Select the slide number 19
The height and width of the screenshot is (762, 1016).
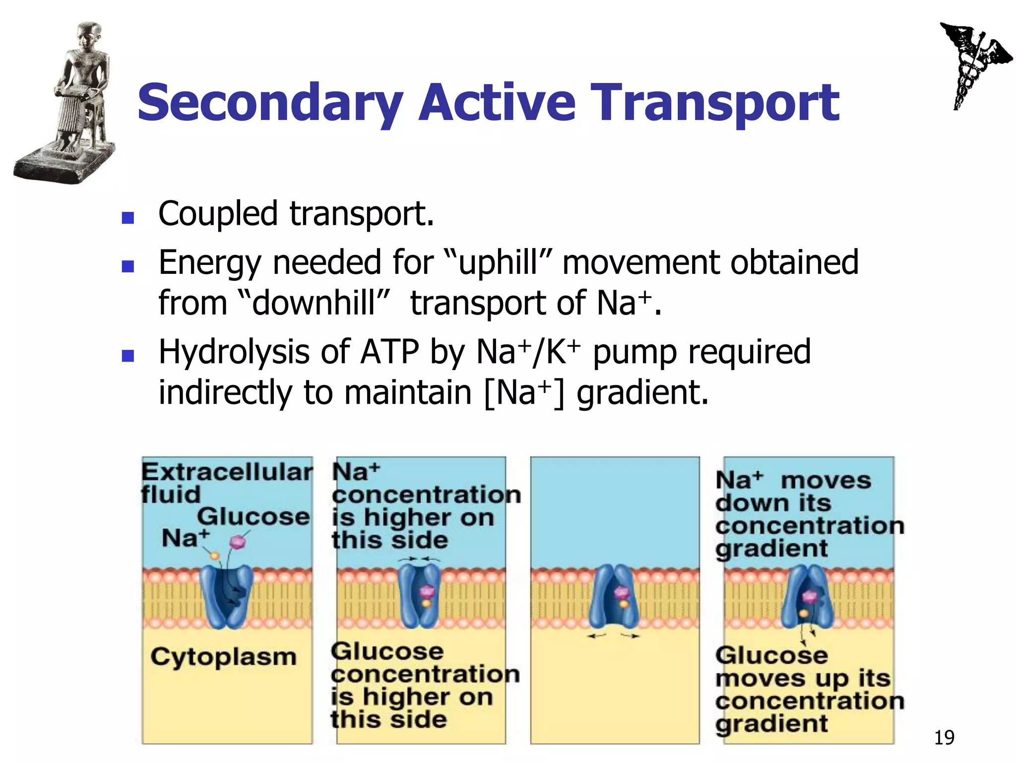click(944, 738)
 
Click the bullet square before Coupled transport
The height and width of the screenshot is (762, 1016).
click(128, 218)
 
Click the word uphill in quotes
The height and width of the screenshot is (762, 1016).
click(498, 263)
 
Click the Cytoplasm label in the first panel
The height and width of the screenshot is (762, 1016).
click(223, 657)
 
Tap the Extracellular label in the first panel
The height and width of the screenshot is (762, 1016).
click(227, 472)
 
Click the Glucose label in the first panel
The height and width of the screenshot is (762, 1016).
click(253, 517)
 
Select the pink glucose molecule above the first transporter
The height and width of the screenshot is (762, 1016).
click(239, 542)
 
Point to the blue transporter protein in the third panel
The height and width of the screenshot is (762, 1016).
click(614, 598)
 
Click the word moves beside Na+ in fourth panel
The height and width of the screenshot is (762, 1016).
click(825, 481)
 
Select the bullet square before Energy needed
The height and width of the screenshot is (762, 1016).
click(128, 266)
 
